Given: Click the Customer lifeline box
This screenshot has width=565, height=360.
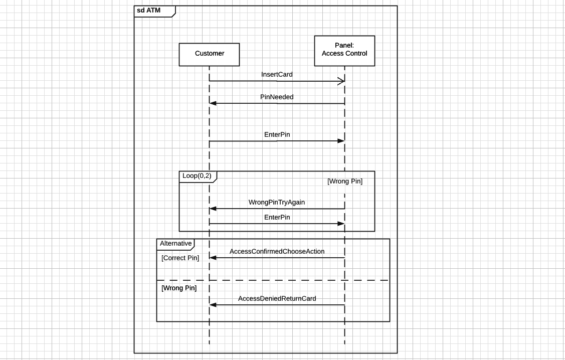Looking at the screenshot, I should pos(209,54).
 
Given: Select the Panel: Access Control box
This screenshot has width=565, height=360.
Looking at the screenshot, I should pos(344,50).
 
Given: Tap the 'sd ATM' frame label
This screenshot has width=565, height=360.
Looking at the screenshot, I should pos(149,11).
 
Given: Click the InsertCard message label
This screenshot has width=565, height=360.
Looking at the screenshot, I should pos(277,74).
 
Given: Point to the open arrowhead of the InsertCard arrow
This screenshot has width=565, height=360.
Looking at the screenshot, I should pos(341,81).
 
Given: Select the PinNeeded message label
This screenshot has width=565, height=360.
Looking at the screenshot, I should pos(277,97).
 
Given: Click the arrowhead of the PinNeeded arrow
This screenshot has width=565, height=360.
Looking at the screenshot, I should pos(213,103).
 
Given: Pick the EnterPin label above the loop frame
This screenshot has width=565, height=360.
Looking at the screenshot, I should pos(277,134).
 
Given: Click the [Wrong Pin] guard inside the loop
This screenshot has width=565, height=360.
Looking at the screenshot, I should pos(344,182).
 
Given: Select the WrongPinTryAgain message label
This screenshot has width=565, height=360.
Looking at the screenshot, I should pos(277,202).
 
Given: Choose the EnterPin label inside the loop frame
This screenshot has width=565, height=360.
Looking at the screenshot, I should pos(277,217).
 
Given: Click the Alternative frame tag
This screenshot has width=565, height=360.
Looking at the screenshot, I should pos(175,244).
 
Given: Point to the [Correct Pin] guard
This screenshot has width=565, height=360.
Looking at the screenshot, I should pos(180,258).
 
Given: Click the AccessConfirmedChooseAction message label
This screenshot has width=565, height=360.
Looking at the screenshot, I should pos(277,251).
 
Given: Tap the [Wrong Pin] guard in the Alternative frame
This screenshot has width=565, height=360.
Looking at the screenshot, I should pos(179,288).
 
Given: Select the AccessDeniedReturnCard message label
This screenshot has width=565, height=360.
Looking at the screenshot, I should pos(277,298).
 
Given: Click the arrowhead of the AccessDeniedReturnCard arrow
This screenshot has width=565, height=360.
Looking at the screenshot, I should pos(213,305).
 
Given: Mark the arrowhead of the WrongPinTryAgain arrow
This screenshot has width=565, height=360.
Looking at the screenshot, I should pos(213,209).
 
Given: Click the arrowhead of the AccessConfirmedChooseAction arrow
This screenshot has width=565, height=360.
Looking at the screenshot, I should pos(213,258).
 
